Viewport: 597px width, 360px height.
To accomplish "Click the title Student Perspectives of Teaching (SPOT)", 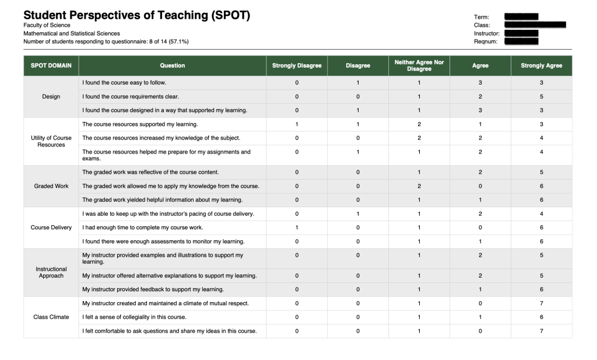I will coord(136,16).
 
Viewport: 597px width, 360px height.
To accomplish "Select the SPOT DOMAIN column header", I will coord(51,65).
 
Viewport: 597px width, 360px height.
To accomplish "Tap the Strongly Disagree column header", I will coord(297,65).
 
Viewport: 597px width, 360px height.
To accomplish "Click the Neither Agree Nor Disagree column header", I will coord(419,65).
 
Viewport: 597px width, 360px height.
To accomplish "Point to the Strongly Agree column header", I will coord(541,65).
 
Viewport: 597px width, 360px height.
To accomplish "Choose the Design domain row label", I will coord(51,97).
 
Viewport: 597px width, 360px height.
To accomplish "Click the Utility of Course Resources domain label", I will coord(51,141).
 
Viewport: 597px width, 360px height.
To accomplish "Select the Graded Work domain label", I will coord(51,186).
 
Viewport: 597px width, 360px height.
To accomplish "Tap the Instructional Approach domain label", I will coord(51,272).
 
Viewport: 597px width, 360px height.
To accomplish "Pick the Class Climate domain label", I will coord(51,317).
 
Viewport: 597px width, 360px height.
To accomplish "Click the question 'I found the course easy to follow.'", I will coord(124,83).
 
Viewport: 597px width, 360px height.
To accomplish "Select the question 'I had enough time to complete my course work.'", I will coord(143,228).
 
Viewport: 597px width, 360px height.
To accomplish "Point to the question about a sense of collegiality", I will coord(134,317).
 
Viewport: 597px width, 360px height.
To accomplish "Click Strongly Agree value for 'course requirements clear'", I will coord(541,97).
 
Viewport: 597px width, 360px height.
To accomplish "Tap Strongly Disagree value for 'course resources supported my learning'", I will coord(297,124).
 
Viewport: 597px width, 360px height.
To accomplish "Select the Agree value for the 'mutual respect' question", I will coord(480,303).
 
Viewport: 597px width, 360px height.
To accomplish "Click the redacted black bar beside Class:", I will coord(535,25).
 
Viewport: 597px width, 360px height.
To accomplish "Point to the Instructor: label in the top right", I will coord(486,33).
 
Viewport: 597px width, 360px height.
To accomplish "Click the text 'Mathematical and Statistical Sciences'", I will coord(72,33).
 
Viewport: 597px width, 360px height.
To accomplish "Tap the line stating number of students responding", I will coord(106,41).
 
